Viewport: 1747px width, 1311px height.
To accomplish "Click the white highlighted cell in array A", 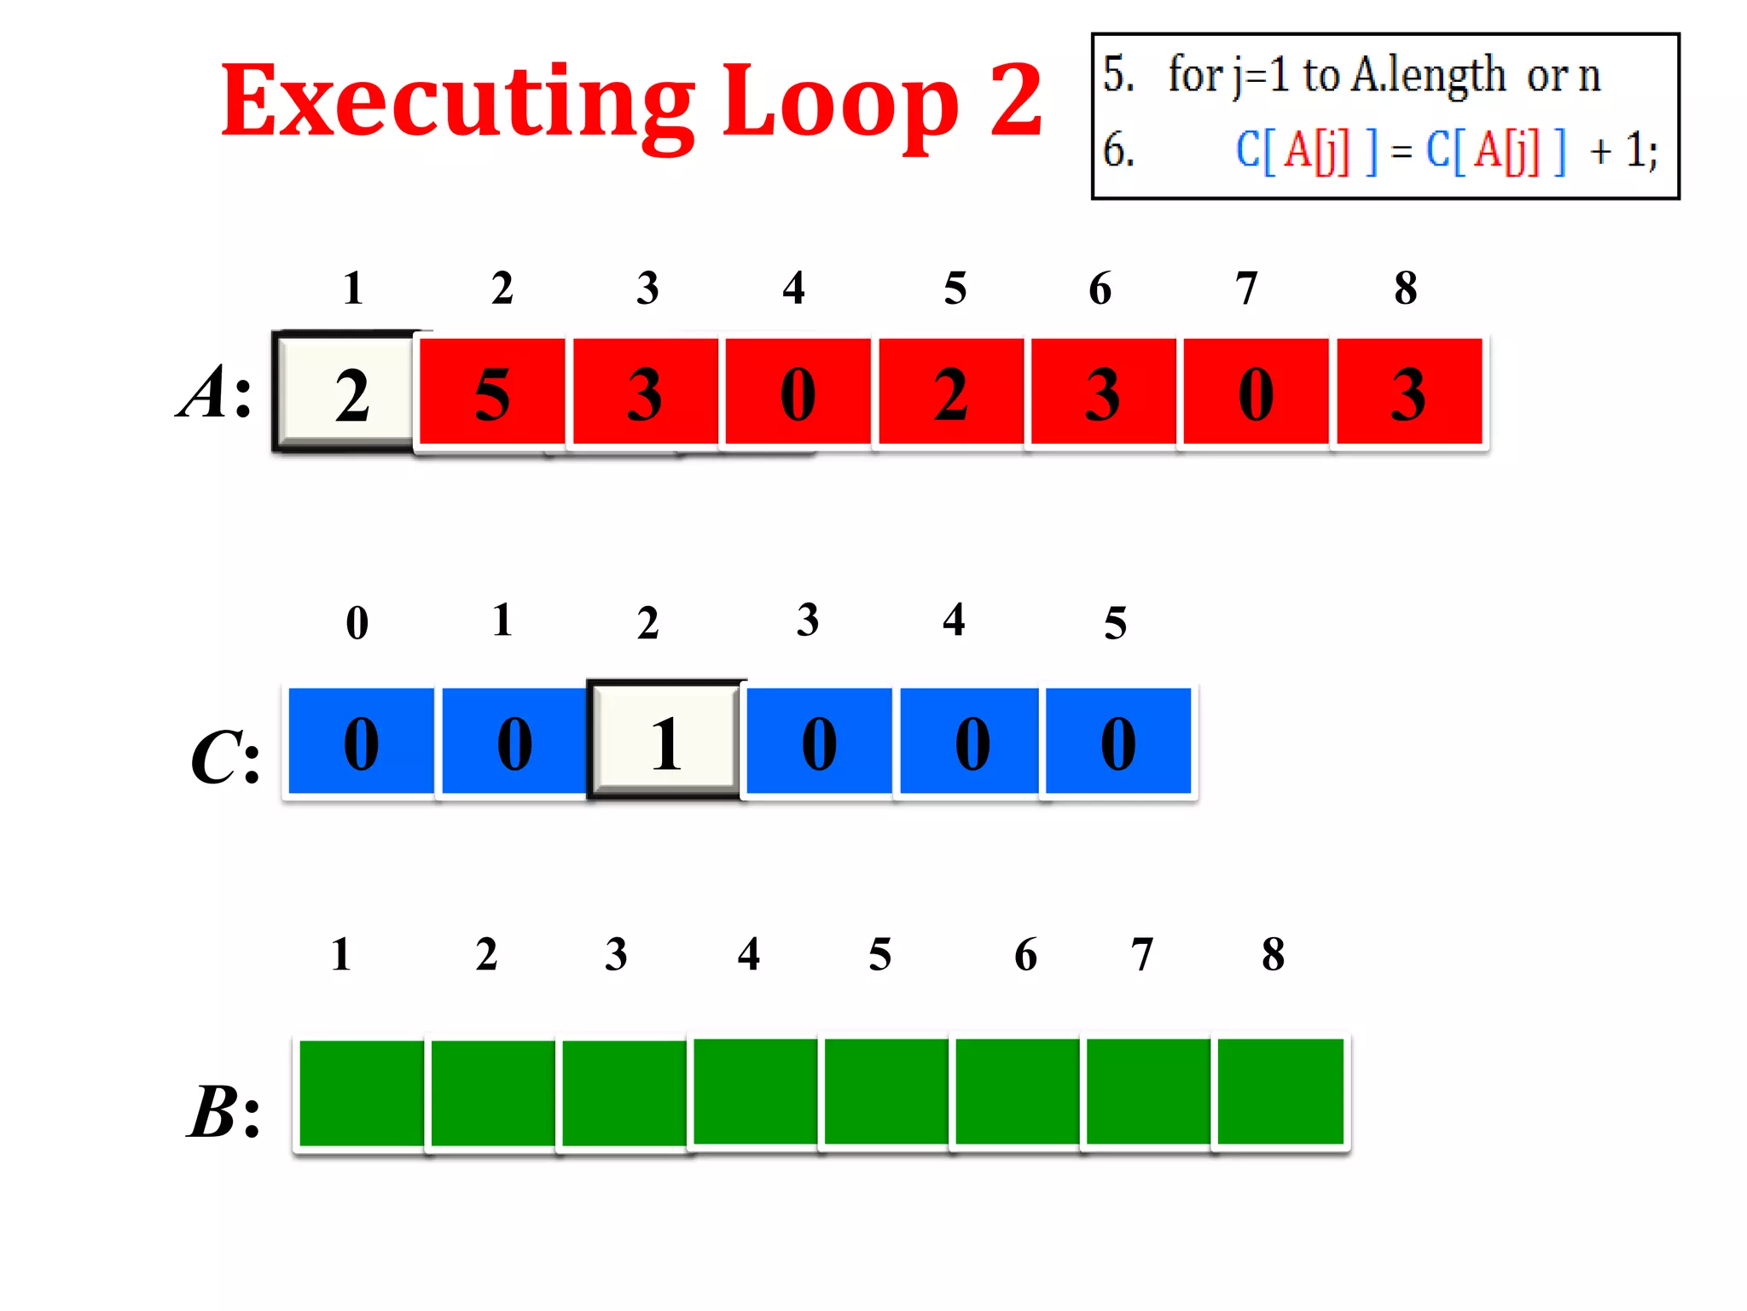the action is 350,392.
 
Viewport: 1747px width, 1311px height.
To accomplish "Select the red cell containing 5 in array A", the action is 492,392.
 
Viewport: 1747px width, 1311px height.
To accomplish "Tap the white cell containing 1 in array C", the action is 665,741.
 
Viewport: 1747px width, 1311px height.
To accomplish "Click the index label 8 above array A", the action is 1406,288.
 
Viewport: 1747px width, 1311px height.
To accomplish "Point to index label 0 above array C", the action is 357,623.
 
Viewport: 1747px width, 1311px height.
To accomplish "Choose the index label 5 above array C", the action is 1115,623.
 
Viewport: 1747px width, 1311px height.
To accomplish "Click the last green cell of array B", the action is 1280,1092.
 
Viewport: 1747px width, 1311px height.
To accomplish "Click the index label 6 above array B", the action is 1025,954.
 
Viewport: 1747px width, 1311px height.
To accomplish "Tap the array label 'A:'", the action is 215,393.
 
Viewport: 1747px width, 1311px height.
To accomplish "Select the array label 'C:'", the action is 224,757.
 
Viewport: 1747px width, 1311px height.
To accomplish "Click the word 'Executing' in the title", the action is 457,102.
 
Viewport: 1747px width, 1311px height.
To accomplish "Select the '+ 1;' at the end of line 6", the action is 1622,151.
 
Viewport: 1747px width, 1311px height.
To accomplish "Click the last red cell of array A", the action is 1408,392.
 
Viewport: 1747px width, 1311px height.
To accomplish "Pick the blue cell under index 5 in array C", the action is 1117,741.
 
